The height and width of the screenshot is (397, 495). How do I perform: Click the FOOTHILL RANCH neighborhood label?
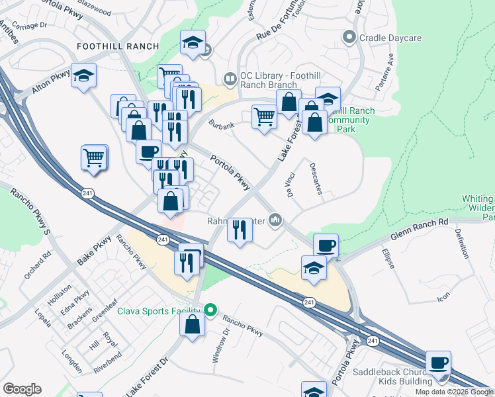tap(118, 46)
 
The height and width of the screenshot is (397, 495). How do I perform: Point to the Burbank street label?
tap(222, 124)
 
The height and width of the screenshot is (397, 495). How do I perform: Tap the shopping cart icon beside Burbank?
tap(264, 116)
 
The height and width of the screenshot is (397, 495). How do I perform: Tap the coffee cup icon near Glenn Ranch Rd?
tap(326, 245)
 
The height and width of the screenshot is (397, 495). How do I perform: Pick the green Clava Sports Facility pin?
tap(210, 310)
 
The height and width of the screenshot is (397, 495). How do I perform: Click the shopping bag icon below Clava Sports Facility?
tap(192, 325)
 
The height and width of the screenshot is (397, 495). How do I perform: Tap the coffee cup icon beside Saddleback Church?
tap(439, 363)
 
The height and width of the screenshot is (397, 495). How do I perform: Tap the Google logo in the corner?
tap(22, 389)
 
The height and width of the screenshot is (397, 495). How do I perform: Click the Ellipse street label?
tap(389, 258)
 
